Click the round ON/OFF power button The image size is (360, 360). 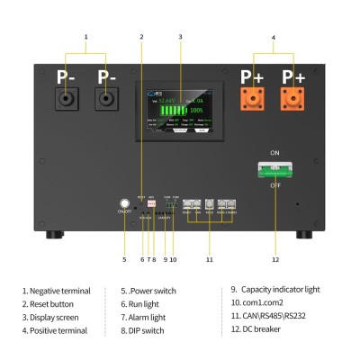(124, 203)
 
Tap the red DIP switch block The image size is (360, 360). (151, 204)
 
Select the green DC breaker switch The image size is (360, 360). (274, 167)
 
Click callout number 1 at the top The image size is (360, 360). (86, 36)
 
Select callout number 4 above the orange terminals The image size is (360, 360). (274, 36)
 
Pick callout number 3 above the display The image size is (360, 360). (180, 36)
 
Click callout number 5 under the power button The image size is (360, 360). (124, 259)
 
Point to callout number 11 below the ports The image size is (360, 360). (210, 259)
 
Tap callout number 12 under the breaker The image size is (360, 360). (275, 259)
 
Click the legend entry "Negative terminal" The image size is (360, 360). (56, 290)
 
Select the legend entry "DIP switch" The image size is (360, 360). (148, 330)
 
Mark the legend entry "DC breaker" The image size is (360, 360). (262, 330)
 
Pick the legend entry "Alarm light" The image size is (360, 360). (148, 317)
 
